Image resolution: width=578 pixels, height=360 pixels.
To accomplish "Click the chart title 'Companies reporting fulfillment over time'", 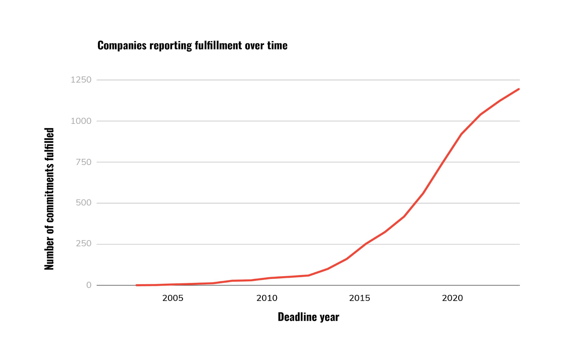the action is click(x=192, y=45).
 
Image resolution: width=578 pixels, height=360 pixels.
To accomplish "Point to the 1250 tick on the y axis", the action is click(x=81, y=80).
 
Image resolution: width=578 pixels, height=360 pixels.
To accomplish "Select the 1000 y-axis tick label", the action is click(x=81, y=121).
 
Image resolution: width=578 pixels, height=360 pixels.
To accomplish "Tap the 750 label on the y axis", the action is click(x=83, y=162).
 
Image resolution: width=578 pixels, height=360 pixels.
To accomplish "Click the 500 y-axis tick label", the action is click(x=83, y=203).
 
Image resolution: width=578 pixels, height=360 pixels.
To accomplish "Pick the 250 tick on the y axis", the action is click(x=83, y=244).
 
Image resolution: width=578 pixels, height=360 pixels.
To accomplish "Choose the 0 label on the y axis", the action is click(x=89, y=285).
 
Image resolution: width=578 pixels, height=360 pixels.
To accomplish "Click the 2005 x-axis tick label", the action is click(x=173, y=298).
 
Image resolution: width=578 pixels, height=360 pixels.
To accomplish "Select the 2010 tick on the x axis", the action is click(x=267, y=298).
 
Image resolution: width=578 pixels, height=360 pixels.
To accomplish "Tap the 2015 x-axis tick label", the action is click(x=359, y=298).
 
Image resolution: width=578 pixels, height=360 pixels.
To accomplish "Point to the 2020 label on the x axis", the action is click(x=452, y=298).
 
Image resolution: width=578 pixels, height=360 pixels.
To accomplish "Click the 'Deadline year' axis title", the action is click(x=309, y=317).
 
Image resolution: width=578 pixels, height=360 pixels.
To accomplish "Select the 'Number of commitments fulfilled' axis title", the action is click(x=49, y=199).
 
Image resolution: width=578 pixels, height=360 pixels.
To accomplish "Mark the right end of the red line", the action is click(x=519, y=89).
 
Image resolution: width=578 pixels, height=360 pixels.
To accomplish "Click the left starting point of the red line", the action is click(x=137, y=285).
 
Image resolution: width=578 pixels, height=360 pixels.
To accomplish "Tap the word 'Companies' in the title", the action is click(x=122, y=46).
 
